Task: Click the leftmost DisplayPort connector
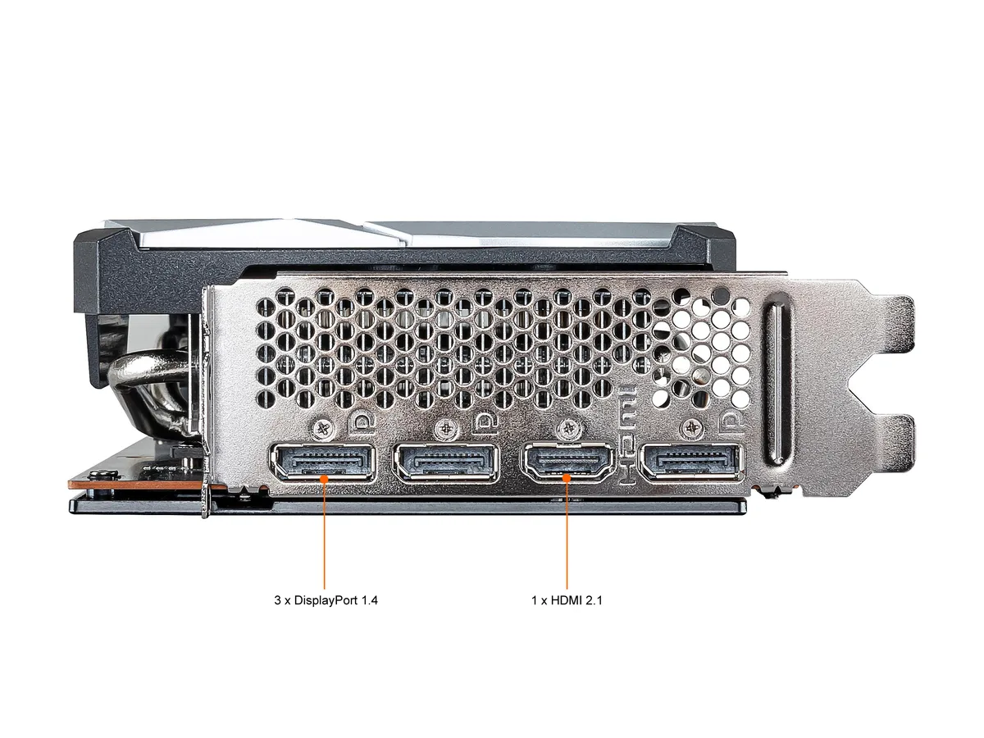click(x=323, y=462)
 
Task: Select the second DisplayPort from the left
click(x=446, y=462)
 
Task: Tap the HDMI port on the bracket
click(x=567, y=462)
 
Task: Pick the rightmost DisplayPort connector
click(x=690, y=462)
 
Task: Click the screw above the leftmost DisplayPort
click(x=323, y=430)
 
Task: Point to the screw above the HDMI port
click(x=568, y=429)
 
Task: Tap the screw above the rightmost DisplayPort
click(x=690, y=429)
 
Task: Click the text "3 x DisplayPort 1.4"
click(x=326, y=600)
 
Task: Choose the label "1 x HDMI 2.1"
click(x=567, y=600)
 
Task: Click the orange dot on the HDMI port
click(x=567, y=478)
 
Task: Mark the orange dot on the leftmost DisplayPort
click(x=324, y=479)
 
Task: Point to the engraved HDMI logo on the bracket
click(x=627, y=438)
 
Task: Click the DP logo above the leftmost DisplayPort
click(x=364, y=423)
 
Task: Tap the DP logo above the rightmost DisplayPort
click(x=731, y=422)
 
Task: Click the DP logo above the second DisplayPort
click(x=486, y=423)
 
